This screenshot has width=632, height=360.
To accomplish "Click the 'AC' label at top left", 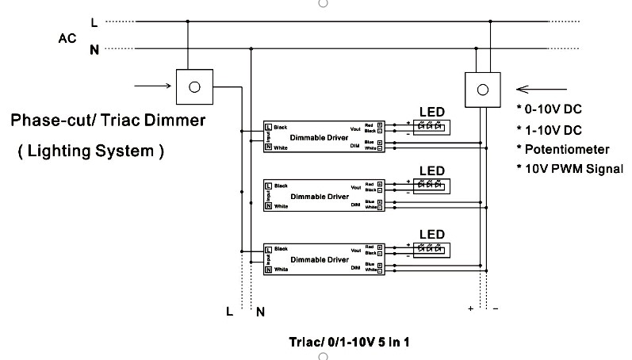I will pyautogui.click(x=67, y=37).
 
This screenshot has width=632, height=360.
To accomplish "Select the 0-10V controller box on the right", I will pyautogui.click(x=483, y=88).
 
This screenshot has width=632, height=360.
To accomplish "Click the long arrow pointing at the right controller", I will pyautogui.click(x=543, y=89).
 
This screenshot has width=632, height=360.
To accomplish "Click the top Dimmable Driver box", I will pyautogui.click(x=324, y=137).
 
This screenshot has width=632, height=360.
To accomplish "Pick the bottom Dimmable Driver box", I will pyautogui.click(x=324, y=259).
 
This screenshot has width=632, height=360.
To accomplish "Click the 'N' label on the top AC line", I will pyautogui.click(x=94, y=50).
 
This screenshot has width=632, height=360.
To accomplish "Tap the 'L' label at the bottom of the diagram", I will pyautogui.click(x=230, y=311).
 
